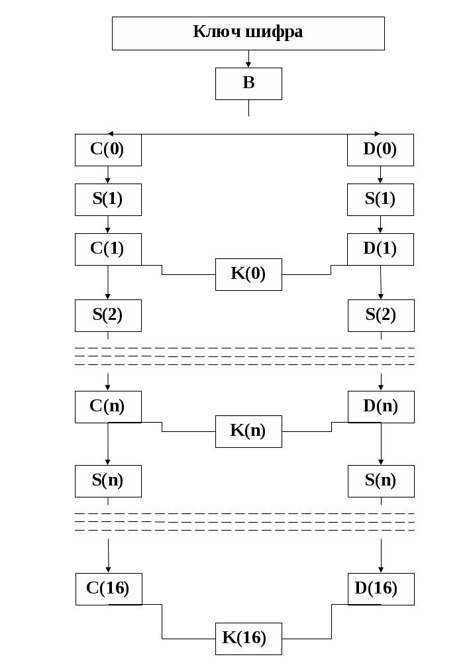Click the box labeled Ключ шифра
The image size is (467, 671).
pyautogui.click(x=248, y=33)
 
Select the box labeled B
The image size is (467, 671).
pyautogui.click(x=248, y=83)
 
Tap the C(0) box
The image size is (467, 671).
pyautogui.click(x=108, y=150)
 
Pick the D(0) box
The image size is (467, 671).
pyautogui.click(x=380, y=150)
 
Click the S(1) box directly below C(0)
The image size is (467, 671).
pyautogui.click(x=108, y=199)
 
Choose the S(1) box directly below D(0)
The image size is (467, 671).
pyautogui.click(x=380, y=199)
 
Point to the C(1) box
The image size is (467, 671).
pyautogui.click(x=108, y=249)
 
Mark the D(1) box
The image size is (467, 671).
pyautogui.click(x=380, y=249)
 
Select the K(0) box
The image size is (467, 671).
pyautogui.click(x=248, y=274)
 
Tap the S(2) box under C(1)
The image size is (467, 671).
pyautogui.click(x=108, y=315)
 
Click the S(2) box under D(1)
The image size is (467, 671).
pyautogui.click(x=381, y=315)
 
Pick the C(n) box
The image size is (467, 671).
pyautogui.click(x=108, y=406)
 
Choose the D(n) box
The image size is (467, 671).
pyautogui.click(x=381, y=406)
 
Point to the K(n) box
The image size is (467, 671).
pyautogui.click(x=248, y=431)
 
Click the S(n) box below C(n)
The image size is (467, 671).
pyautogui.click(x=108, y=481)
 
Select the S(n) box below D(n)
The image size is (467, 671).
pyautogui.click(x=381, y=481)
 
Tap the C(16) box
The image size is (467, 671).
pyautogui.click(x=109, y=588)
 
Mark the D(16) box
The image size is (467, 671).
pyautogui.click(x=381, y=588)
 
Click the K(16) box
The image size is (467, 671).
pyautogui.click(x=248, y=639)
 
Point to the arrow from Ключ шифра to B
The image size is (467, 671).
pyautogui.click(x=248, y=60)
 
